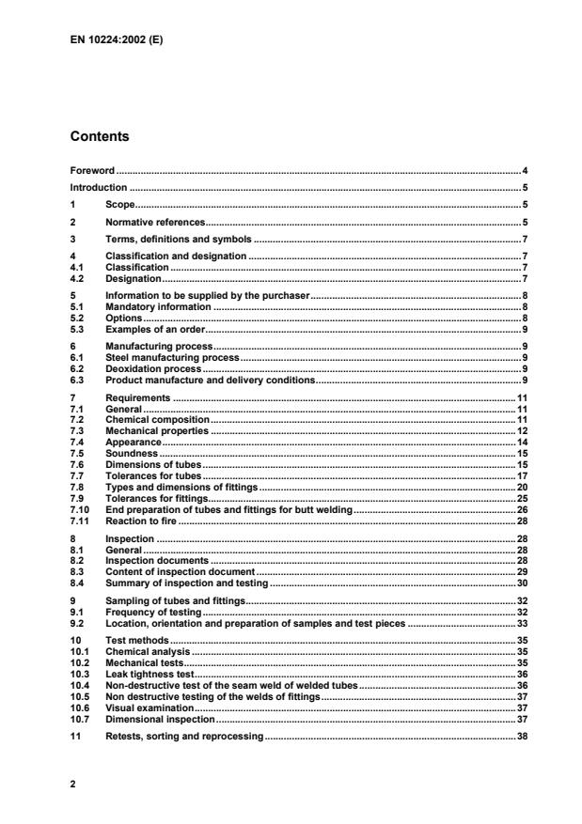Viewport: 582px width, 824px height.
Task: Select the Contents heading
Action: tap(100, 136)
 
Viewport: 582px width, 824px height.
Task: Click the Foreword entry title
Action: tap(93, 171)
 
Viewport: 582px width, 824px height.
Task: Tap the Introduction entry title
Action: tap(99, 187)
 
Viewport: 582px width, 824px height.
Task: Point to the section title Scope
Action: tap(120, 204)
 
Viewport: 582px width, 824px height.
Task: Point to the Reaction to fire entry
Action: tap(141, 521)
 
